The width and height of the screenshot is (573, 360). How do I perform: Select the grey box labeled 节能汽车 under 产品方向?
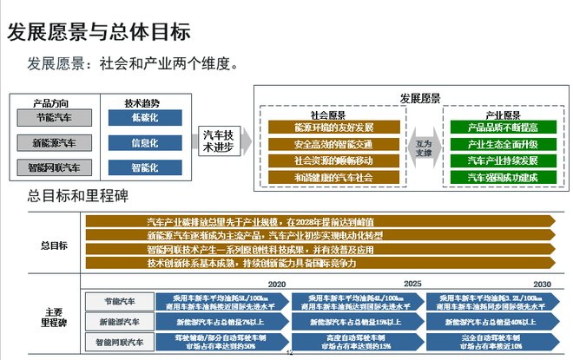[x=54, y=117]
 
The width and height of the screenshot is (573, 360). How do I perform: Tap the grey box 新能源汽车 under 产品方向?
[x=54, y=142]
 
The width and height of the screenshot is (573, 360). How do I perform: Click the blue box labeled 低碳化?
[x=144, y=117]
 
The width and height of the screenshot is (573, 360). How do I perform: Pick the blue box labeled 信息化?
[x=144, y=142]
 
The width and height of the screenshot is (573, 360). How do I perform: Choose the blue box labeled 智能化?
[x=144, y=167]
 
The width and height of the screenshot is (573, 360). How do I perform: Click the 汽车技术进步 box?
[x=217, y=141]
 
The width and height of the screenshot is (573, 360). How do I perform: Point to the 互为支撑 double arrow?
[x=423, y=147]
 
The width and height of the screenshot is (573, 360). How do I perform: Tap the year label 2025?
[x=412, y=284]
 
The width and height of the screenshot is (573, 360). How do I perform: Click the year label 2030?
[x=543, y=284]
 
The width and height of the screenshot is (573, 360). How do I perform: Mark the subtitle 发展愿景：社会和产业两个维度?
[x=133, y=64]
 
